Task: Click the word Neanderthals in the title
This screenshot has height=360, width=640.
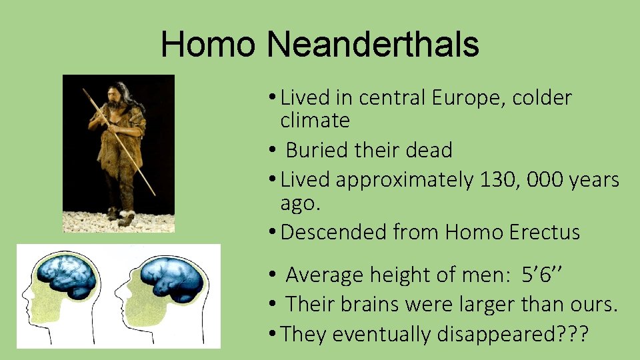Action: (x=373, y=45)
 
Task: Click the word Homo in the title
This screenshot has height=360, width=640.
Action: (x=208, y=45)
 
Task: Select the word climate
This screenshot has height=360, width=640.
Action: (x=315, y=121)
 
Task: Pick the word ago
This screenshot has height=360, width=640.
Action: (x=301, y=203)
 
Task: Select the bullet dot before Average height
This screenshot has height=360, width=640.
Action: (x=273, y=275)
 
